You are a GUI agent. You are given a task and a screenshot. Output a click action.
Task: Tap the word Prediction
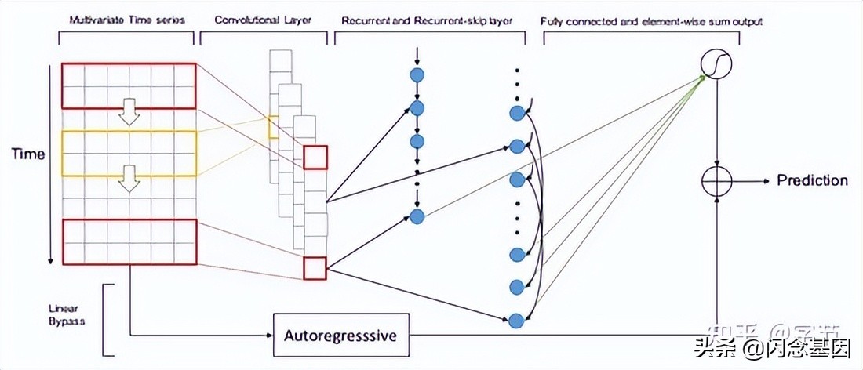[812, 180]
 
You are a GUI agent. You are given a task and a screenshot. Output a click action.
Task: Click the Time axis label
[27, 155]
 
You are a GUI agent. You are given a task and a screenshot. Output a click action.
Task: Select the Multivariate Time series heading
[127, 20]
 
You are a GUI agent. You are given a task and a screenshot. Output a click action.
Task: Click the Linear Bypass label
[77, 314]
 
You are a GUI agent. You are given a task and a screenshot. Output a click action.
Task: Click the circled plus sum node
[716, 181]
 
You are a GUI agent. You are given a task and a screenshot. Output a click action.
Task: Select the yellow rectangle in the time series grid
[128, 153]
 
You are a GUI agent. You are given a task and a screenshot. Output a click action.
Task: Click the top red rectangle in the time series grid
[128, 85]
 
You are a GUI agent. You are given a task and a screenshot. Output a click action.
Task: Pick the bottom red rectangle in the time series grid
[128, 241]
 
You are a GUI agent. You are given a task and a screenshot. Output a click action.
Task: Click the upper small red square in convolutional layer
[315, 157]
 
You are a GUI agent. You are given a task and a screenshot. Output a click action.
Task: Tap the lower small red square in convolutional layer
[315, 268]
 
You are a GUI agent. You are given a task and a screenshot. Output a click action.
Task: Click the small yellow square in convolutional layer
[273, 127]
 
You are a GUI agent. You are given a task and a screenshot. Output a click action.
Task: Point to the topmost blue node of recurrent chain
[417, 74]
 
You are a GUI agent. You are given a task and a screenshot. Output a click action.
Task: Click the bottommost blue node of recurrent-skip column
[515, 320]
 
